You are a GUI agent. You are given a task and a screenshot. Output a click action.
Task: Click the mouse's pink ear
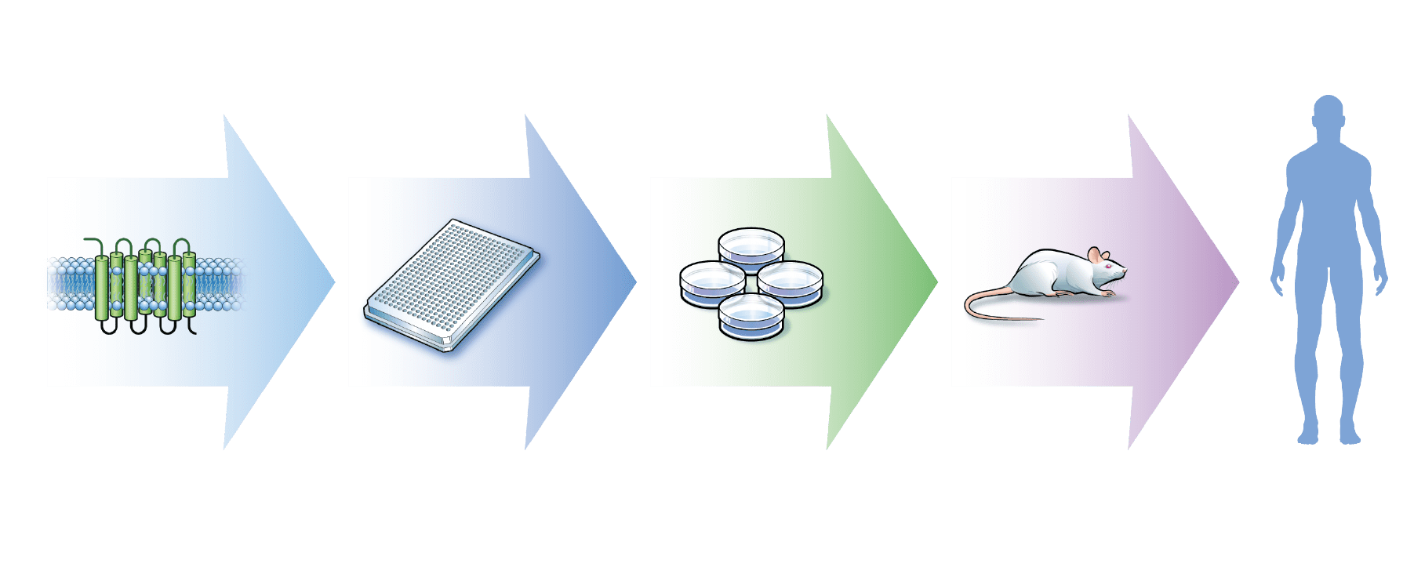pos(1096,255)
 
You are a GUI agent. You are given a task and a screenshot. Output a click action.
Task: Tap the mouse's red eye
pos(1110,267)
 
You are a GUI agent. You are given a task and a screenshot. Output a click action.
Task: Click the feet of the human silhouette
pos(1329,435)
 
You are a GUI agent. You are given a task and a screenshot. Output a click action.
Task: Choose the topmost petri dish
pos(751,247)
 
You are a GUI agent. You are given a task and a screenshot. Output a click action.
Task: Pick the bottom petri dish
pos(751,315)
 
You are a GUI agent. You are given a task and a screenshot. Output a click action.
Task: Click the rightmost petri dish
pos(790,282)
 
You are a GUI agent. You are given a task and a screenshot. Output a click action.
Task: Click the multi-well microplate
pos(453,285)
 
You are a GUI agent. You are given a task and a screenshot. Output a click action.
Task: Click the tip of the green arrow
pos(937,282)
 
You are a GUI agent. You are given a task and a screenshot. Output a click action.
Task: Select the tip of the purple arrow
pos(1238,282)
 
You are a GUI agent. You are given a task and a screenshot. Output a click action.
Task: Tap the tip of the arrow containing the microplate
pos(636,282)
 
